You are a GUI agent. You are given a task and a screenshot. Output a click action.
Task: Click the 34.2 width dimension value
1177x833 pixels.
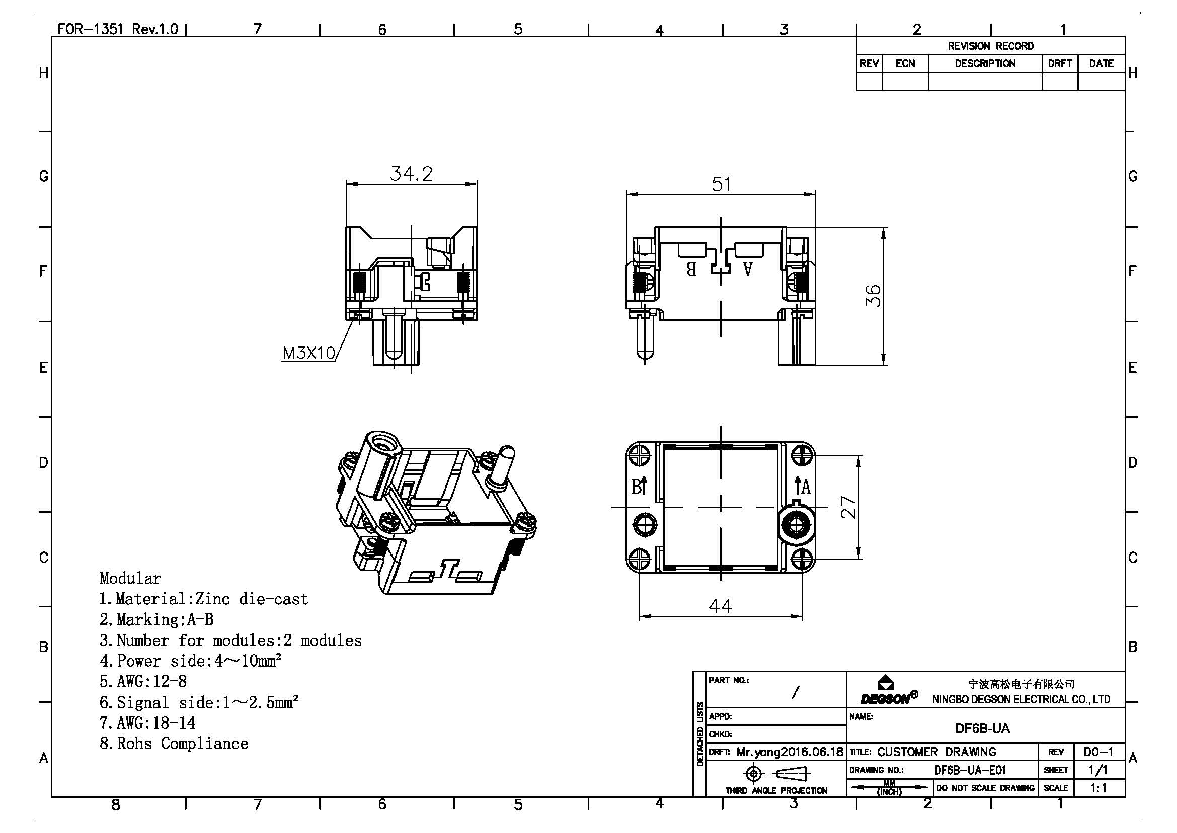[x=411, y=173]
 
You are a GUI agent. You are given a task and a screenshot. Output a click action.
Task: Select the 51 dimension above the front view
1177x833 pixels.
[x=721, y=184]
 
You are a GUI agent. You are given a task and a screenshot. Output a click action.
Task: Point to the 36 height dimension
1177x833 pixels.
[x=873, y=296]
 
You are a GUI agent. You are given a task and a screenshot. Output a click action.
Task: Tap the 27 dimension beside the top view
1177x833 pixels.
[x=849, y=507]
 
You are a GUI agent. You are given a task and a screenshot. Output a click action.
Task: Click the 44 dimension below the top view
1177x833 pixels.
[x=721, y=606]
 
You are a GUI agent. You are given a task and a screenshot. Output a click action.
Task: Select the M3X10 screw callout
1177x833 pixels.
[x=309, y=353]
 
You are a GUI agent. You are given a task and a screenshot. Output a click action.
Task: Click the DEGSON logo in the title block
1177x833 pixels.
[x=889, y=690]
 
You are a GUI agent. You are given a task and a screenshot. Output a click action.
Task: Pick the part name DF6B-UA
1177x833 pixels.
[x=982, y=728]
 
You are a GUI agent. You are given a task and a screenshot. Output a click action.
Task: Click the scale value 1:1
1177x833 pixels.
[x=1098, y=788]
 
